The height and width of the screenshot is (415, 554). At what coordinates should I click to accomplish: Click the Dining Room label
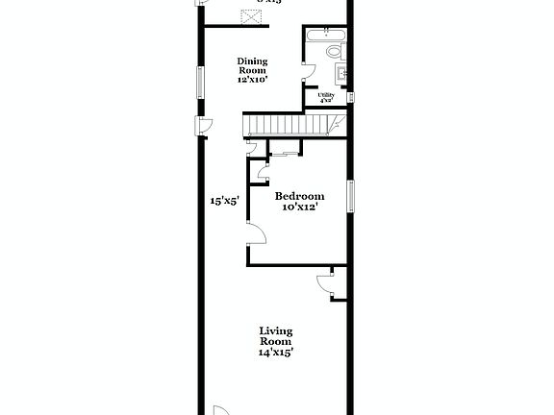pos(253,65)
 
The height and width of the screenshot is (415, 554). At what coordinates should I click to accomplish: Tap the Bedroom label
pos(298,196)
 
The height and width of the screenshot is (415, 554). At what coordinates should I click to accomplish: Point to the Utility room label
pos(326,95)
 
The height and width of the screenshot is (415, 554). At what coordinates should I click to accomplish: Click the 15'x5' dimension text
pos(224,202)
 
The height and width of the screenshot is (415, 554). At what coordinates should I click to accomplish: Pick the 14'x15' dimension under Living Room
pos(275,353)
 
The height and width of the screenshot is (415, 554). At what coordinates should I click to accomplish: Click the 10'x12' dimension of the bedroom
pos(299,207)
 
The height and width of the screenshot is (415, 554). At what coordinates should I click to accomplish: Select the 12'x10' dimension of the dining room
pos(253,80)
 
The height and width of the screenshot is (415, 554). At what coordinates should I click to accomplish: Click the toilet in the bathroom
pos(334,51)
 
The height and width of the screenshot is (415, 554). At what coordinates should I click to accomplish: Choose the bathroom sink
pos(340,73)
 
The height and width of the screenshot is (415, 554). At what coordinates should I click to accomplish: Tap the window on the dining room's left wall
pos(201,81)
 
